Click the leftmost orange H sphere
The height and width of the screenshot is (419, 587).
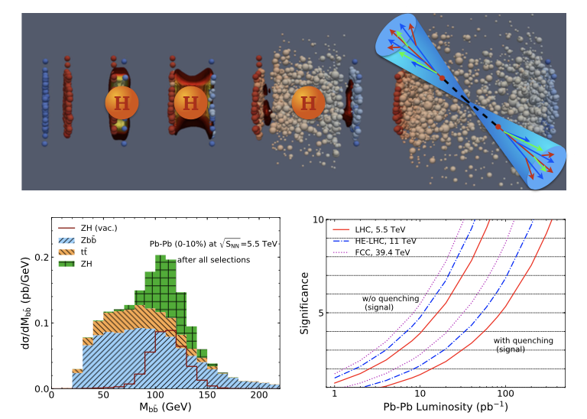pyautogui.click(x=122, y=102)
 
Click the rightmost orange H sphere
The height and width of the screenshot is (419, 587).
pyautogui.click(x=308, y=102)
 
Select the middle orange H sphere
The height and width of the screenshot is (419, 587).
pyautogui.click(x=190, y=102)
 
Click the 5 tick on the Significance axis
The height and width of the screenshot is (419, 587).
pyautogui.click(x=323, y=313)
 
